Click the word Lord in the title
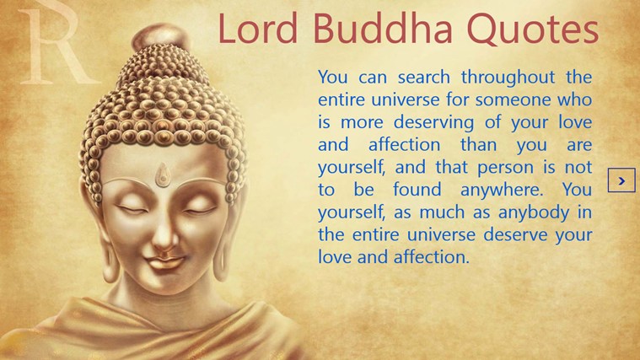click(258, 28)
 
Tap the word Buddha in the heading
click(383, 28)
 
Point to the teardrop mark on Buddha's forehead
click(163, 175)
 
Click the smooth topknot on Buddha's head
click(161, 38)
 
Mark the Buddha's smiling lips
click(164, 261)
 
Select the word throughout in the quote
click(508, 78)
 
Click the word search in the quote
click(424, 78)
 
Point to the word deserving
click(434, 123)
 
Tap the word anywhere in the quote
click(502, 190)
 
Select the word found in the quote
click(417, 190)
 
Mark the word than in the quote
click(478, 144)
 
